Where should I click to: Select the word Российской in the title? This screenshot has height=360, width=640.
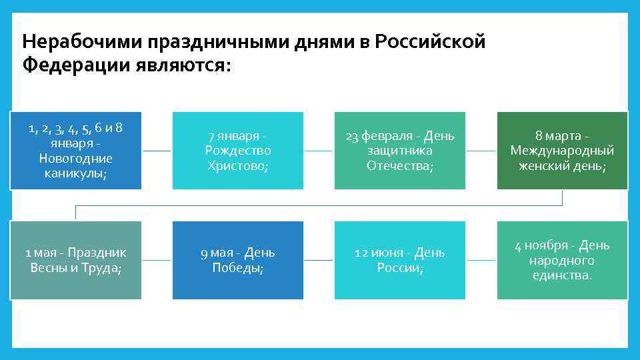point(431,43)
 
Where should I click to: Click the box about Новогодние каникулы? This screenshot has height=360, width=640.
point(76,151)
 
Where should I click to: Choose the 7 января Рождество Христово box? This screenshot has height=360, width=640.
point(238,151)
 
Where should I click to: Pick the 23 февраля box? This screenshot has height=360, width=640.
point(400,151)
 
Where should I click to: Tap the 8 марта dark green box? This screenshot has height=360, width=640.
point(562,151)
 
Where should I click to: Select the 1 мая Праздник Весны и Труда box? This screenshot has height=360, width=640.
point(76,260)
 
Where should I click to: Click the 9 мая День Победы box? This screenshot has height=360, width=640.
point(238,260)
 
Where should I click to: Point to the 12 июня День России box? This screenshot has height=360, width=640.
point(400,260)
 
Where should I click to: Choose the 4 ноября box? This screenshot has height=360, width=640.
point(562,260)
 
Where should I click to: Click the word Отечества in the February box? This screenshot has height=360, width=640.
point(400,165)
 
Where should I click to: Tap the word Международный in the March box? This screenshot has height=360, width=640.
point(562,151)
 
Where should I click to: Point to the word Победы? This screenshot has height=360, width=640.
point(238,268)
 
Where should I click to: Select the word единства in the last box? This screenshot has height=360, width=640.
point(562,275)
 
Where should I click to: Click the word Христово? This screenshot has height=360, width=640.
point(238,165)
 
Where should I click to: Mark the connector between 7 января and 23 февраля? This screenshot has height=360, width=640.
point(318,151)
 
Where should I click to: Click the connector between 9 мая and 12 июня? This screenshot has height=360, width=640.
point(318,260)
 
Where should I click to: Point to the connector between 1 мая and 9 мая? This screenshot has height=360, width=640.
point(157,260)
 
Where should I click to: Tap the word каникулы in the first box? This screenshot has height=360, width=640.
point(76,173)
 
